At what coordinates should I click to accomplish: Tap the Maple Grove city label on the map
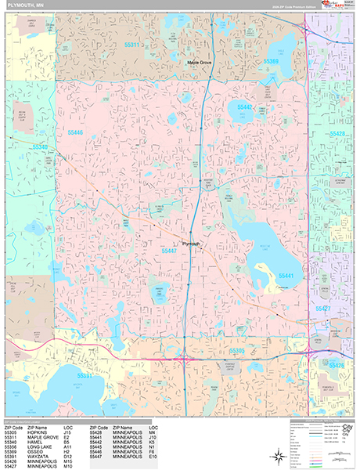tap(200, 61)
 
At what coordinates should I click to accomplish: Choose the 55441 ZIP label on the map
tap(286, 276)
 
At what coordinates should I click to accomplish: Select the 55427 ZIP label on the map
tap(321, 309)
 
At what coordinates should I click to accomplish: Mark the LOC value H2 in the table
tap(67, 450)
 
